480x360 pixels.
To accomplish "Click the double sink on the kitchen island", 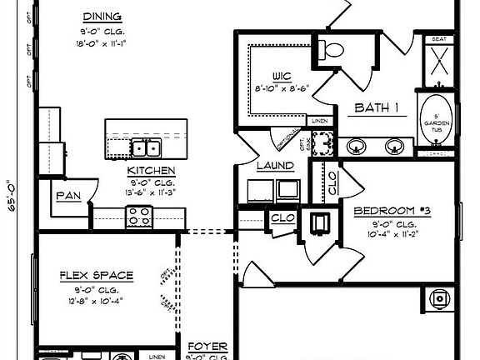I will [x=147, y=149].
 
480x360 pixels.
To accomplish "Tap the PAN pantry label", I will [x=67, y=196].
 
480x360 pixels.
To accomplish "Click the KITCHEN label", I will [x=151, y=171].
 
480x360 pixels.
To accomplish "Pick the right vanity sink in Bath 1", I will [x=394, y=146].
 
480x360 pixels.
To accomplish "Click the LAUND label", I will [x=274, y=166].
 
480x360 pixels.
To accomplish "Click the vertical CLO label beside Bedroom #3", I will [x=332, y=182].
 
